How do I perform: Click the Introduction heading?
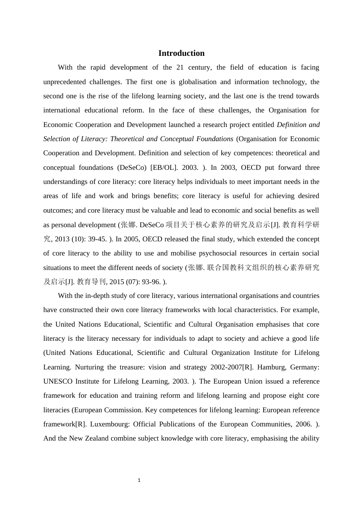tap(181, 53)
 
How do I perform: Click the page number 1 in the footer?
tap(139, 480)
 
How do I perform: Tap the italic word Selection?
tap(57, 139)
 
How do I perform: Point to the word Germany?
tap(305, 367)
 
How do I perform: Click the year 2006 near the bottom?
tap(300, 424)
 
